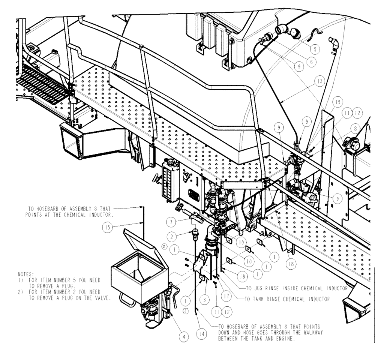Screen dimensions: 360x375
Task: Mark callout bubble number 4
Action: (x=184, y=337)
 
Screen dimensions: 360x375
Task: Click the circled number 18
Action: (x=291, y=264)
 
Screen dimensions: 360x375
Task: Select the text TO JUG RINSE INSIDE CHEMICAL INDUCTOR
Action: (x=296, y=288)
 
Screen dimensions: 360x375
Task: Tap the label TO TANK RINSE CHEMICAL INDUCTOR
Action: (x=287, y=299)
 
